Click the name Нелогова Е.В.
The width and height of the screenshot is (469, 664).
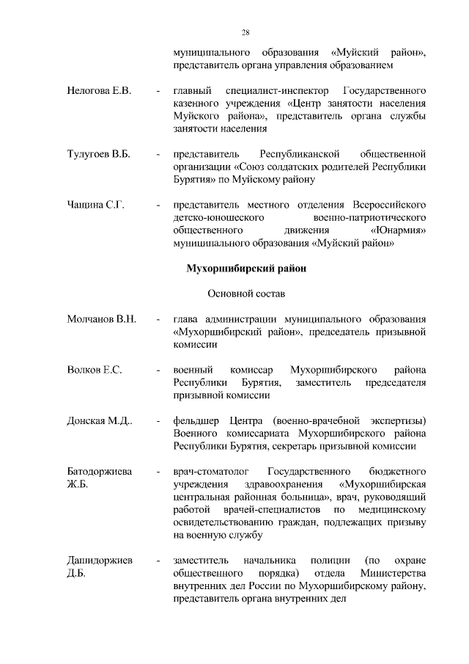click(98, 91)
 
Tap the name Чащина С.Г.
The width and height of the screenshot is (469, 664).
click(93, 205)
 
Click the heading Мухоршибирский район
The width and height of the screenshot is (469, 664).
click(246, 269)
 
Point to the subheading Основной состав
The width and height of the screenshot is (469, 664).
click(246, 294)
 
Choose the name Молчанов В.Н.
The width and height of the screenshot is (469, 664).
click(102, 319)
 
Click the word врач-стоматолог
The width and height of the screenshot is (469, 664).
click(207, 471)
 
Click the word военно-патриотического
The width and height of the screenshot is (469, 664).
click(370, 218)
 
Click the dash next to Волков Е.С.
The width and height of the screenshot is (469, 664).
click(158, 370)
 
